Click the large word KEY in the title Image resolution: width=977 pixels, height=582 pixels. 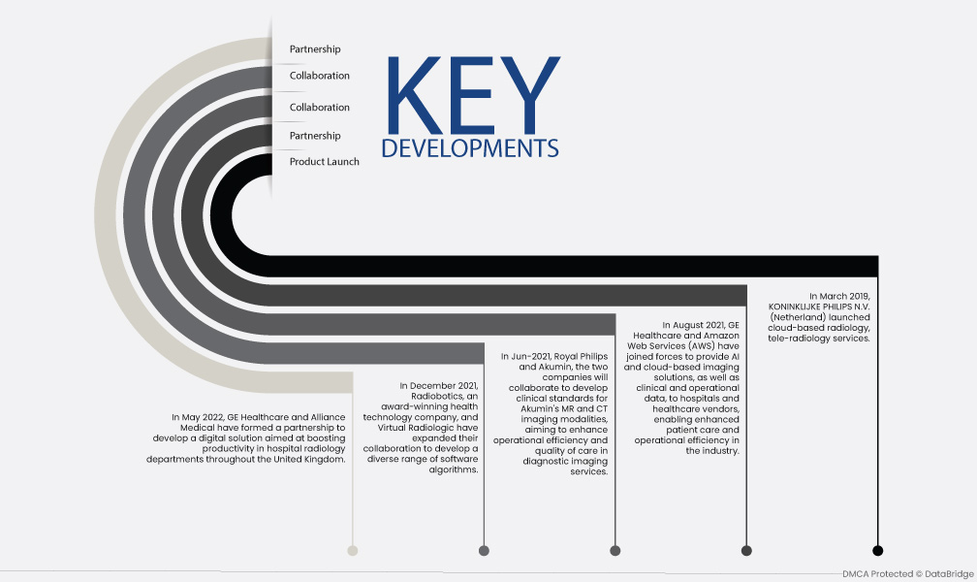pyautogui.click(x=474, y=95)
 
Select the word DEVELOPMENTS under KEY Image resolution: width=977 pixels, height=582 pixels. pyautogui.click(x=470, y=148)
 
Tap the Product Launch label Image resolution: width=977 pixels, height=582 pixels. pyautogui.click(x=324, y=162)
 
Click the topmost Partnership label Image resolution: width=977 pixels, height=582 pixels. pyautogui.click(x=315, y=49)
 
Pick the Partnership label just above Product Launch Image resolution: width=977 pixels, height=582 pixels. pyautogui.click(x=315, y=136)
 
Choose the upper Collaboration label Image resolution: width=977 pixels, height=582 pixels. pyautogui.click(x=319, y=76)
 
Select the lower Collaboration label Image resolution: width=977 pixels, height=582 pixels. pyautogui.click(x=319, y=108)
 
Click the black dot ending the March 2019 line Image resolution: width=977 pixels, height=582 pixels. pyautogui.click(x=877, y=550)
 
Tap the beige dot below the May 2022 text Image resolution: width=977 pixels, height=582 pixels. pyautogui.click(x=353, y=550)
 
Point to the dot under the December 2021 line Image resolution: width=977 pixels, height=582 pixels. pyautogui.click(x=484, y=550)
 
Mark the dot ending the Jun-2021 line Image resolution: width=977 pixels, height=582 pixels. pyautogui.click(x=615, y=550)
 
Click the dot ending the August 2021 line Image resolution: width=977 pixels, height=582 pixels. pyautogui.click(x=746, y=550)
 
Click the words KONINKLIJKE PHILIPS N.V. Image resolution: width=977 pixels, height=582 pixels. pyautogui.click(x=819, y=307)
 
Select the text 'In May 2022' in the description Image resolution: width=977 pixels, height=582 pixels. pyautogui.click(x=198, y=417)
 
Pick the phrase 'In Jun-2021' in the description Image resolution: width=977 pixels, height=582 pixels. pyautogui.click(x=524, y=357)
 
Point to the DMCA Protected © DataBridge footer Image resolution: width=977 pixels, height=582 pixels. pyautogui.click(x=908, y=574)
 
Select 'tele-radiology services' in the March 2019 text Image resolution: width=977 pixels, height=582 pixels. pyautogui.click(x=819, y=339)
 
